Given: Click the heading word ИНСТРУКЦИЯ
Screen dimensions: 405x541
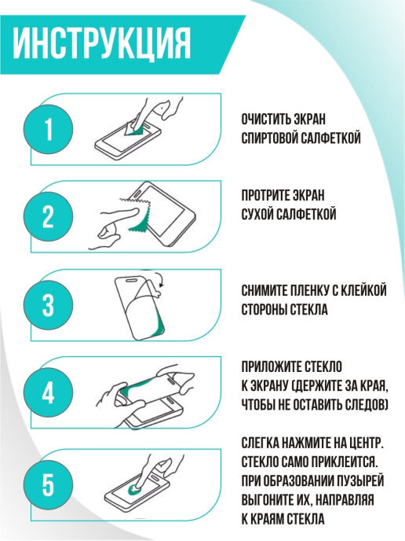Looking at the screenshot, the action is [x=101, y=44].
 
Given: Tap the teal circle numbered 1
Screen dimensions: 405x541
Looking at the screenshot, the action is [x=48, y=129].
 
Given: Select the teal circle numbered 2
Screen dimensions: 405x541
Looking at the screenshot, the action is [x=48, y=216].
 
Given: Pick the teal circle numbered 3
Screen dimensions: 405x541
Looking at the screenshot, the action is [x=48, y=305].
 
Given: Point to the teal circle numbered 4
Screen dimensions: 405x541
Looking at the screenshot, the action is [x=48, y=392].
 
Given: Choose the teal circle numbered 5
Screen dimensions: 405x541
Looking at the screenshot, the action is [x=48, y=484].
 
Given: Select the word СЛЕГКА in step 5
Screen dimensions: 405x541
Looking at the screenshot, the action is [x=260, y=443].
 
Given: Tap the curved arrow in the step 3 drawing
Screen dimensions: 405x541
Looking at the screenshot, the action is [x=160, y=279].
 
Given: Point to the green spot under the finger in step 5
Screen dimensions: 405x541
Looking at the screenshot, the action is [x=134, y=488].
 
